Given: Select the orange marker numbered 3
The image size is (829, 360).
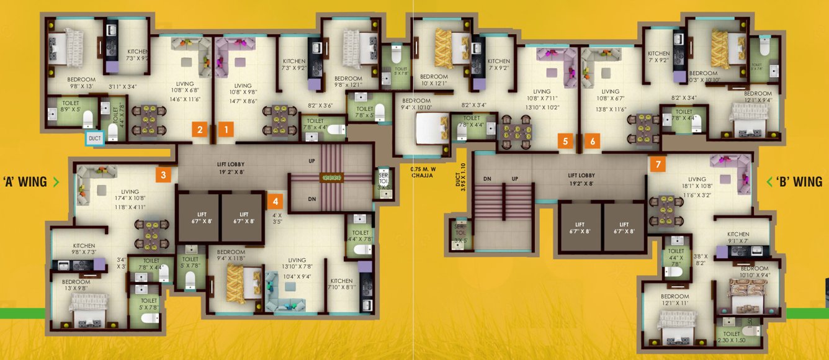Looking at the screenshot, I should coord(163,175).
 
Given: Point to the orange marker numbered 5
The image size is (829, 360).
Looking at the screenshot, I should coord(565,141).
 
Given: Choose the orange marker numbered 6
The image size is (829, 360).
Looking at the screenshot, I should coord(593,141).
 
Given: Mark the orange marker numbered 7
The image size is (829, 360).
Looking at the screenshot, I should coord(657,164).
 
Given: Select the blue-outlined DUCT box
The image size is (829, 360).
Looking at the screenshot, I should coord(94,138).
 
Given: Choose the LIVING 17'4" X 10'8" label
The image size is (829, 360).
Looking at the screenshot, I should coord(130,196).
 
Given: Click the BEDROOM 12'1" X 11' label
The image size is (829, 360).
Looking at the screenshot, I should coord(674,300).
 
